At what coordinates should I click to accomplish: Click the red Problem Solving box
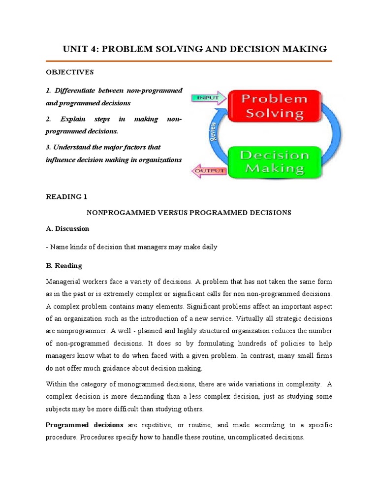point(274,106)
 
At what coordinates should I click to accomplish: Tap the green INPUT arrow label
point(207,98)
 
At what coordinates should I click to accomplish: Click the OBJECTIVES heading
point(69,72)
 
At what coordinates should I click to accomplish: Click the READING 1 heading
point(66,197)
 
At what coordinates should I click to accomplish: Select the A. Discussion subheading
point(67,229)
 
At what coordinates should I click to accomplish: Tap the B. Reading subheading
point(64,266)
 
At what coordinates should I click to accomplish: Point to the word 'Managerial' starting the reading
point(63,282)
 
